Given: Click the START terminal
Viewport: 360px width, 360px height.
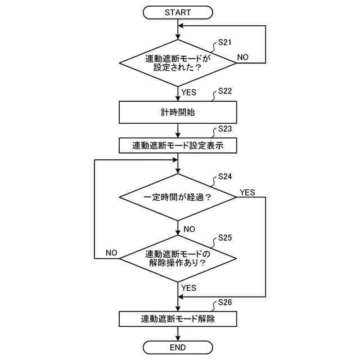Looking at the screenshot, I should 178,12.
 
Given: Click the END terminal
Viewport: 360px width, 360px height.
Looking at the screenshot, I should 178,347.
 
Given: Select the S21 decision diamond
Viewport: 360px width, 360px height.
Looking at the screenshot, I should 178,62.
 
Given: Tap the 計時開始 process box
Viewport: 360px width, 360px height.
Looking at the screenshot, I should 178,112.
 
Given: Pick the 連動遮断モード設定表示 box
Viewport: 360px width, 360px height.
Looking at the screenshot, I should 178,146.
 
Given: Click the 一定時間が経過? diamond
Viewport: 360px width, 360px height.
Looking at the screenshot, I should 178,197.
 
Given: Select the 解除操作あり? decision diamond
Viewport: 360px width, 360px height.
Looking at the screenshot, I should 178,258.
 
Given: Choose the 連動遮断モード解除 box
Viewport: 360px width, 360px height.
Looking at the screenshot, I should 178,319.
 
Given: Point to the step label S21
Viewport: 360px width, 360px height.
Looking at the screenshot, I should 224,42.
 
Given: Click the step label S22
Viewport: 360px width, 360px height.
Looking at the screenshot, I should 224,91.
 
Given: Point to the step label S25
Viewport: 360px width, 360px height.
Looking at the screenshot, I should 224,237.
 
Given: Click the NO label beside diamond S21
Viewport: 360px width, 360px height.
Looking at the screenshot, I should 243,57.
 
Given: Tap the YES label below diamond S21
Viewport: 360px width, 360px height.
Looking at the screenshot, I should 188,92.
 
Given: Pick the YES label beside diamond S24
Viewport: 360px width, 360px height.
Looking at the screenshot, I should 247,192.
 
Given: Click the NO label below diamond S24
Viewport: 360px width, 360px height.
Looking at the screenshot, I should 188,229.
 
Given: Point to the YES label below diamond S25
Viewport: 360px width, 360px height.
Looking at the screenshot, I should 188,288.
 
